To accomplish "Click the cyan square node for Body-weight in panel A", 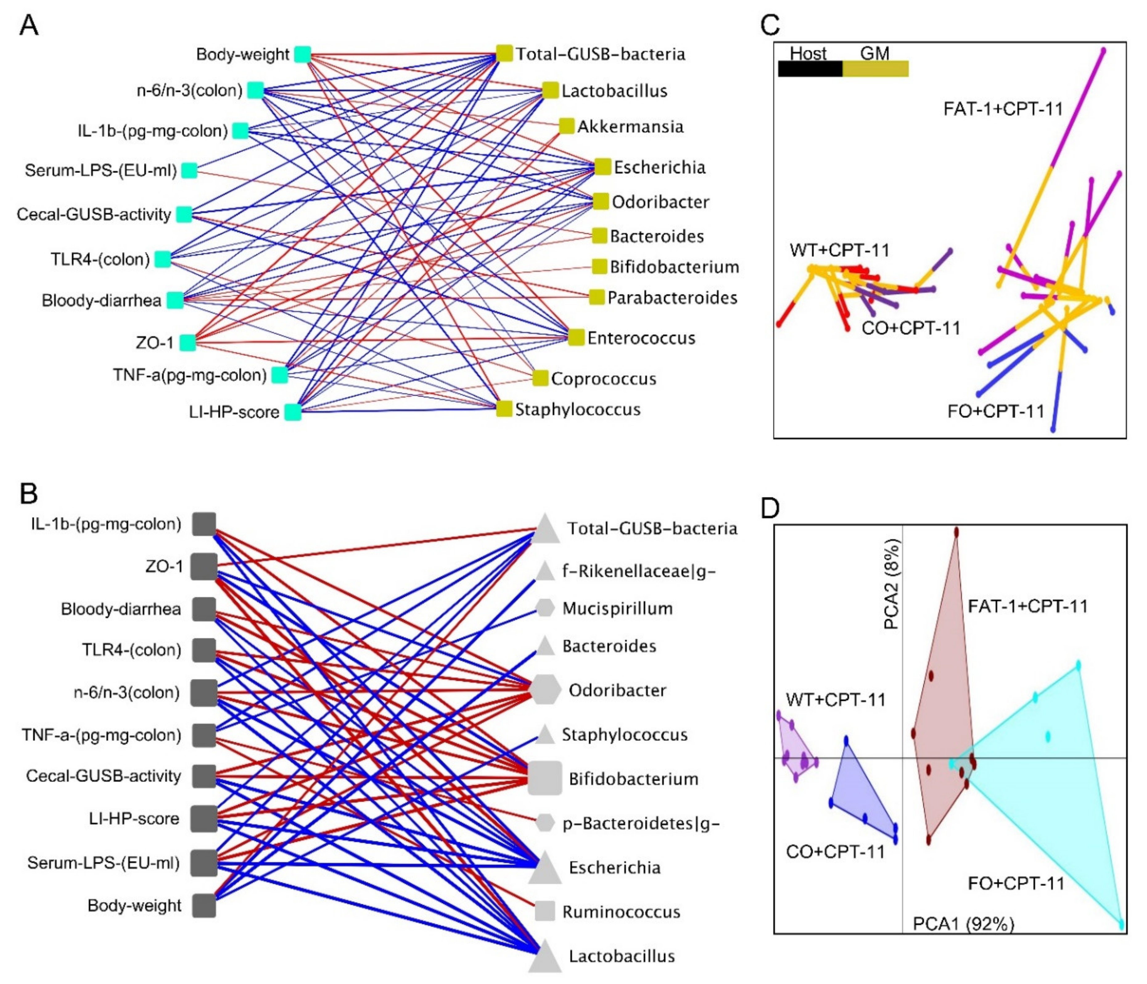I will [302, 54].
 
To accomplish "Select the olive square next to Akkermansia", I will [566, 126].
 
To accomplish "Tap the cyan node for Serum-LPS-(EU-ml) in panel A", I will [189, 170].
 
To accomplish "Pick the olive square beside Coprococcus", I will [540, 379].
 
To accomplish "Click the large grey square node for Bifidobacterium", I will [545, 778].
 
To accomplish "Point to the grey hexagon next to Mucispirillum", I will [545, 608].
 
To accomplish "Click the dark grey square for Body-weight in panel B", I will [204, 905].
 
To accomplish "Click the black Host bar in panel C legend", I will [810, 69].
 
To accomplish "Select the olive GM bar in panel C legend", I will [875, 69].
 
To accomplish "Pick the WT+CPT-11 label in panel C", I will [839, 250].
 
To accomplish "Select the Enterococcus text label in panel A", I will [641, 338].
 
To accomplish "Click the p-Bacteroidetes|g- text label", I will [640, 823].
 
